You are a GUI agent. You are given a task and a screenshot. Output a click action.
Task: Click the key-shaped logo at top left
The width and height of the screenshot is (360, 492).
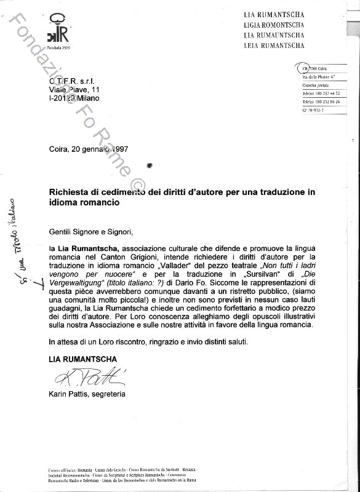59,31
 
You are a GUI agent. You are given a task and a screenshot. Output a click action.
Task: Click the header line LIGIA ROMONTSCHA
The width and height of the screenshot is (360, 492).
274,25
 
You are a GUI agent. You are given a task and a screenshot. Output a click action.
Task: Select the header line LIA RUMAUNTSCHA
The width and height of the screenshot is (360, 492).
274,35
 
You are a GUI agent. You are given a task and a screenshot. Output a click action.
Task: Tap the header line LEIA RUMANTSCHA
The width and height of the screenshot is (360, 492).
274,46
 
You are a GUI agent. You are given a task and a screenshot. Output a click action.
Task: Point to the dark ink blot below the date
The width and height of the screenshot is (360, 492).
150,165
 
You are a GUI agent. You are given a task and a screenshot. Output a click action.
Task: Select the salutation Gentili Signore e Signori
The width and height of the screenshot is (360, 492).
90,231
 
